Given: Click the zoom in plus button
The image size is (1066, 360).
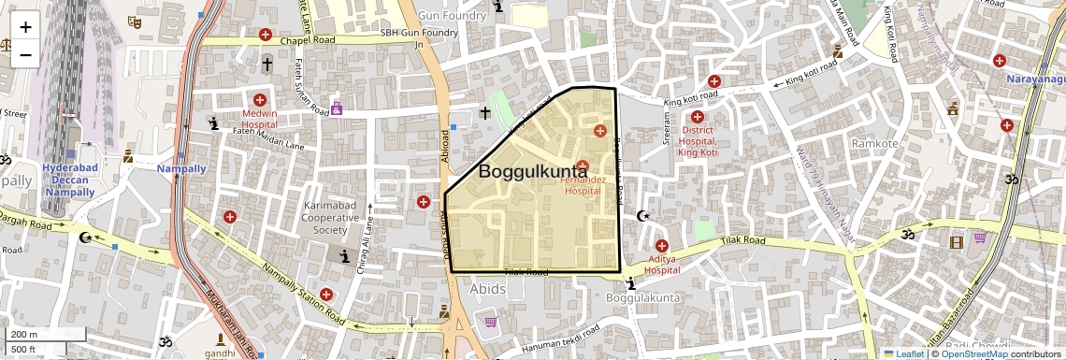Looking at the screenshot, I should [25, 27].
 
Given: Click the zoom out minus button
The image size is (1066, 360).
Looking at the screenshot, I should [25, 54].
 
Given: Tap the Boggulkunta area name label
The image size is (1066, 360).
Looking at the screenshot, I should [533, 171].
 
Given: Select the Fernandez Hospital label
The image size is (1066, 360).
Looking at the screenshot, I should [594, 184].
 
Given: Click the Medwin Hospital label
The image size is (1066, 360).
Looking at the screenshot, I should [260, 118].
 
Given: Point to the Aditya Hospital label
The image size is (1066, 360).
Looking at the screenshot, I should [661, 264].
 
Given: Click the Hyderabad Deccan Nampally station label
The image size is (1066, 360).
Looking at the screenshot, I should [68, 180].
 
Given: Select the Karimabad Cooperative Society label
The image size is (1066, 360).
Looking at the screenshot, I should [330, 217].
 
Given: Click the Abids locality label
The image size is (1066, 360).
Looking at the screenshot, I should [487, 289].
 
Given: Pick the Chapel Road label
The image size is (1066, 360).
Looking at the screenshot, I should [312, 40].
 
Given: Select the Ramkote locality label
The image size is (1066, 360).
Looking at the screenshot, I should [874, 144].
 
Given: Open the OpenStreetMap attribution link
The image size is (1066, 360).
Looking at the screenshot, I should [973, 353].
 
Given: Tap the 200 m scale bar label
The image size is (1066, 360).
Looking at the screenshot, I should [23, 335].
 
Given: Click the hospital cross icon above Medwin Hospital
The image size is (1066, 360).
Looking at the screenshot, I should [260, 100].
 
